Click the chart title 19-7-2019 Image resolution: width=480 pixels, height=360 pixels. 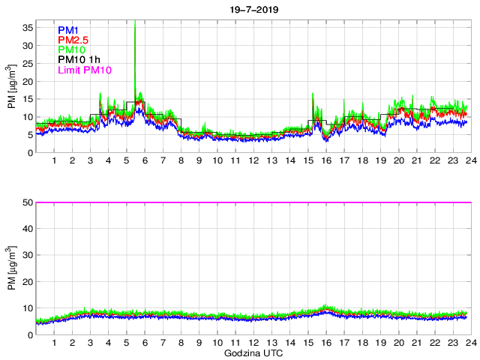(253, 10)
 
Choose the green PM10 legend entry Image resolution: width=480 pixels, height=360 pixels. (71, 50)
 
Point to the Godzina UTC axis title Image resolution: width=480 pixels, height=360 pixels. (253, 352)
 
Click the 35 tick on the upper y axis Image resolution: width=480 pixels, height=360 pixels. (27, 28)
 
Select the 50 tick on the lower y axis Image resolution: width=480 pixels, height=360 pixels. (27, 202)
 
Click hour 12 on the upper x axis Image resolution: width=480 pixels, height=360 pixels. (253, 160)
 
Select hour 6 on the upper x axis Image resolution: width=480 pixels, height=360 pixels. (145, 160)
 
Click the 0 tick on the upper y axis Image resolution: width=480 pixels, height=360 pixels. (29, 153)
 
